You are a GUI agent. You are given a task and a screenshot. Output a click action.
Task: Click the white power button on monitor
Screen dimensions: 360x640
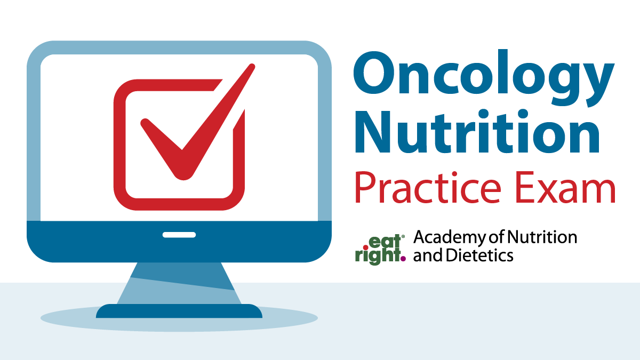tap(179, 235)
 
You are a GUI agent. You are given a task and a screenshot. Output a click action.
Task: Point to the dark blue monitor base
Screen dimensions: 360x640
tap(179, 311)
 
